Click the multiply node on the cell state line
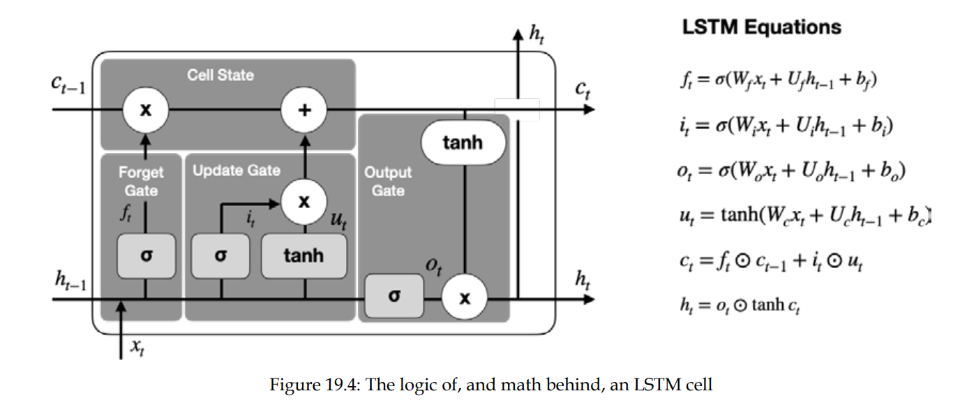click(x=145, y=110)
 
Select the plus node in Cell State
click(x=303, y=110)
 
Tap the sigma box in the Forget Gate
click(x=145, y=256)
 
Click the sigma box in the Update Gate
click(x=220, y=256)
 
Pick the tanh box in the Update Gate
click(x=303, y=256)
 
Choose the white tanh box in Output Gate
click(x=463, y=142)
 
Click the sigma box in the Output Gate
click(x=394, y=296)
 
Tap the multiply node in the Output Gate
click(x=464, y=299)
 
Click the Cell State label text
click(x=220, y=75)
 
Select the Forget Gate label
click(x=141, y=181)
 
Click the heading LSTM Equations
click(x=761, y=28)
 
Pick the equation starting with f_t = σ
click(x=777, y=81)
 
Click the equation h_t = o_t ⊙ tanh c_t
click(x=739, y=304)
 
